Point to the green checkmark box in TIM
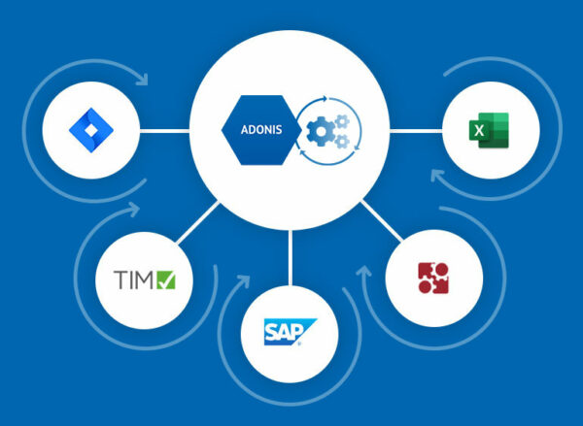click(x=166, y=280)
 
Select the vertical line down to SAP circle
click(x=290, y=258)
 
